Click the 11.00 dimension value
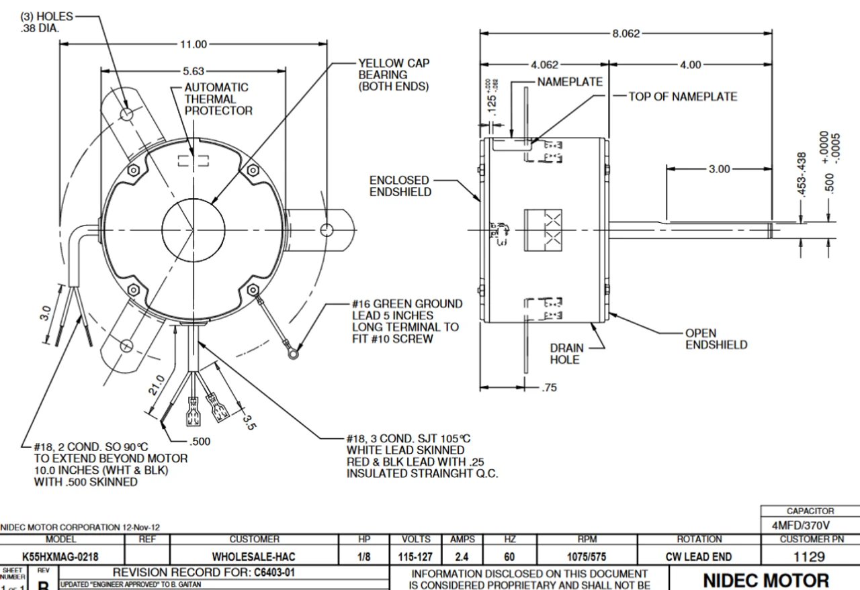[193, 44]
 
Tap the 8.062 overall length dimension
[626, 34]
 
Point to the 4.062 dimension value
[544, 65]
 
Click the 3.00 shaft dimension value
[719, 168]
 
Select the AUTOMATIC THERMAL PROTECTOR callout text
[216, 99]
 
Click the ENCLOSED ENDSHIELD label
[399, 186]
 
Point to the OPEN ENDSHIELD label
[716, 339]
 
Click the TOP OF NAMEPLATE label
[682, 97]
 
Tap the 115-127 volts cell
[415, 556]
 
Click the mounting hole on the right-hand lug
[327, 230]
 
